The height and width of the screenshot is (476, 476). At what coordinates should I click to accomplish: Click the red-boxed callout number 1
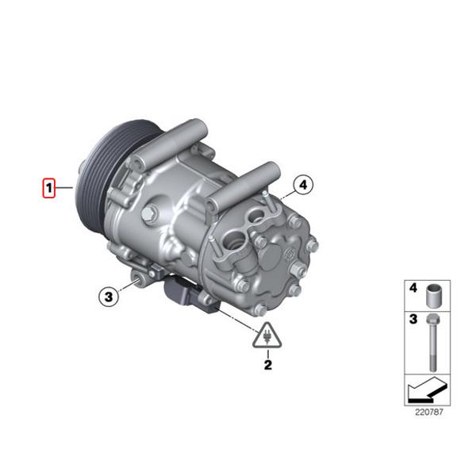click(48, 188)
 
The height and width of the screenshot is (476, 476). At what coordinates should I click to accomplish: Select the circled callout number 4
click(303, 185)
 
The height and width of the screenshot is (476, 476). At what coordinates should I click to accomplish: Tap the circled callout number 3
click(109, 297)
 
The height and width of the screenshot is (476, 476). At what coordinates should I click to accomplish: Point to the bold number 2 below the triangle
click(268, 365)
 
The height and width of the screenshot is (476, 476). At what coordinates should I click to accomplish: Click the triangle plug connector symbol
click(267, 336)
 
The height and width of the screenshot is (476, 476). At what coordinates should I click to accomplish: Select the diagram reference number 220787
click(429, 413)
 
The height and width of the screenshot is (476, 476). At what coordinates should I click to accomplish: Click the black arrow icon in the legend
click(428, 390)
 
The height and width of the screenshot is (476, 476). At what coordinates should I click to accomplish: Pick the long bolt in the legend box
click(433, 343)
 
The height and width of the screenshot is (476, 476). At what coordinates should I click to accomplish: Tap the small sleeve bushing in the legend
click(433, 296)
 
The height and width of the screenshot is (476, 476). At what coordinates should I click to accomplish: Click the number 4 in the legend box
click(413, 288)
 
